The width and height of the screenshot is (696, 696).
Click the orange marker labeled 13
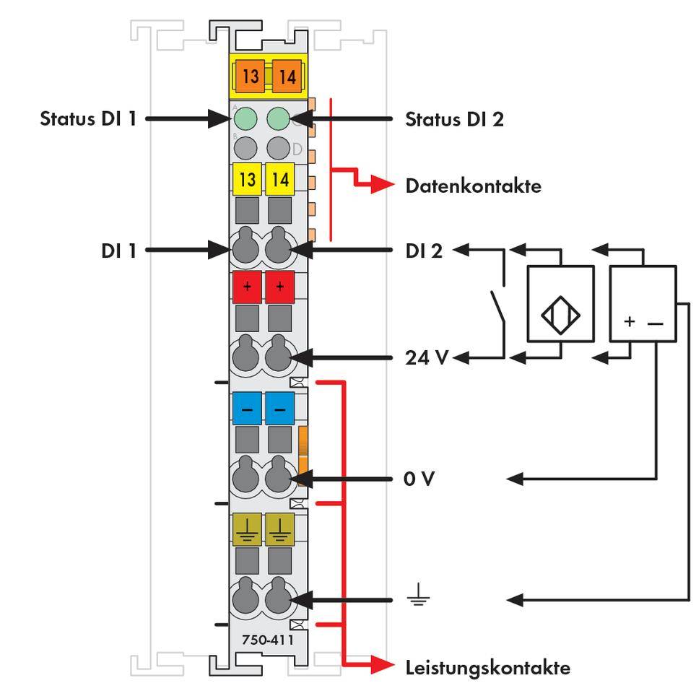[250, 76]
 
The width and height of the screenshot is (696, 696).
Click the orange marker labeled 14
[287, 76]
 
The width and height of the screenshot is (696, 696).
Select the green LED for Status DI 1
[245, 118]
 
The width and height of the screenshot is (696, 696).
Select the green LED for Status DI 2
[278, 118]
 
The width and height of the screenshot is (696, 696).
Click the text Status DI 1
[87, 118]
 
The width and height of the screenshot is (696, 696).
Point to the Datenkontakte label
[473, 186]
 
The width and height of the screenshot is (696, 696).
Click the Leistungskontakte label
[487, 667]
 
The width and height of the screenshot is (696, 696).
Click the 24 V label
[427, 357]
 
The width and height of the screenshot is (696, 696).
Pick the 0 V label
[419, 479]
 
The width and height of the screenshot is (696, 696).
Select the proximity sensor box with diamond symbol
[561, 303]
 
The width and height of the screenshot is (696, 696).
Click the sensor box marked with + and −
[643, 303]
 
